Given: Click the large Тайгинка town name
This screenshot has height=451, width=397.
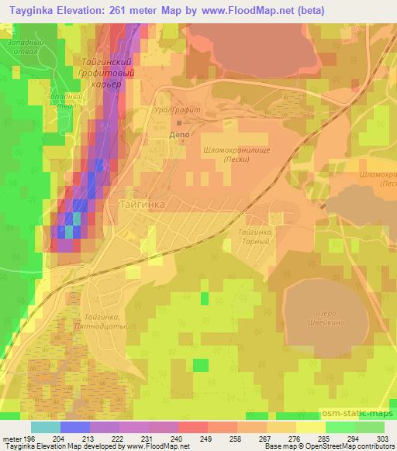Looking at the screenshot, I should (x=141, y=204).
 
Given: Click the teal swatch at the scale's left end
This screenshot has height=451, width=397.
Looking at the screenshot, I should (x=46, y=427).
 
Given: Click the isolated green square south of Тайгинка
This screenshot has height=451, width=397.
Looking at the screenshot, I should (x=205, y=298).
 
